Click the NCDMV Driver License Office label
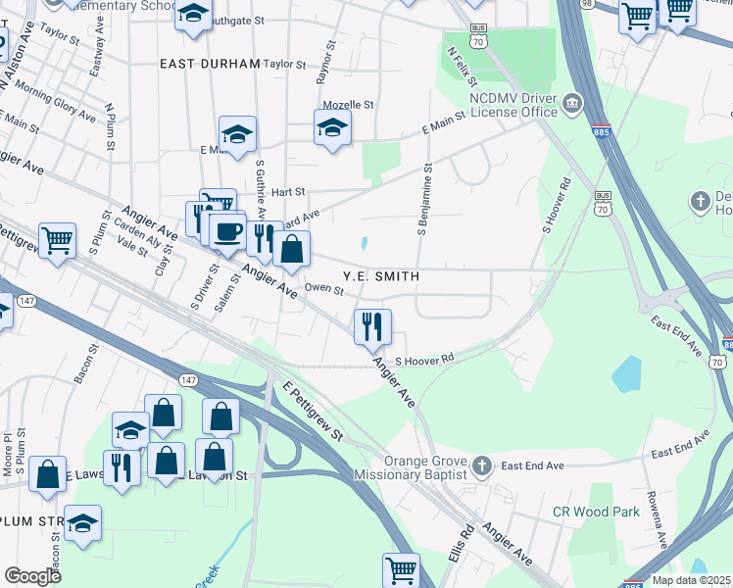tap(513, 105)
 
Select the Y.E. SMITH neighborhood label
tap(381, 277)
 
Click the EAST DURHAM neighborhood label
tap(210, 63)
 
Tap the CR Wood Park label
tap(596, 512)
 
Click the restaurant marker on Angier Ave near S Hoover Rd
tap(372, 327)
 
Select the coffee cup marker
tap(227, 232)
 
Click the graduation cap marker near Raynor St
tap(332, 127)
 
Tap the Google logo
tap(32, 576)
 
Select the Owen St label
tap(323, 289)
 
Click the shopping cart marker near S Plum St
tap(58, 239)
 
